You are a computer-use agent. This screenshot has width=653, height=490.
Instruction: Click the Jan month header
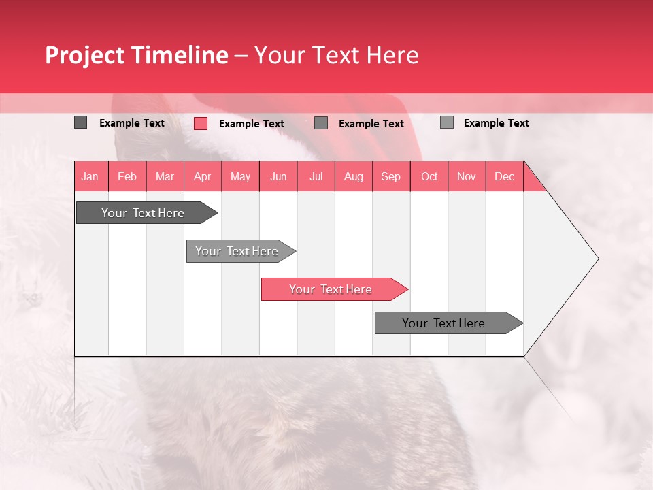[x=90, y=176]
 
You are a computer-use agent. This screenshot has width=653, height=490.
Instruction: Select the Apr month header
[x=203, y=176]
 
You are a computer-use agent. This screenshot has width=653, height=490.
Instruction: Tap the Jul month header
[x=316, y=176]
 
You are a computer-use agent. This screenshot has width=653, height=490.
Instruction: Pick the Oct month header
[x=429, y=176]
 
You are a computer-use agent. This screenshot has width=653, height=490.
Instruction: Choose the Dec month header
[x=504, y=176]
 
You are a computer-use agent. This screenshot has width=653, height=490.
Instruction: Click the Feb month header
[x=127, y=176]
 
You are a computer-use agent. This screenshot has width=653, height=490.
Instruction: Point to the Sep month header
[x=391, y=176]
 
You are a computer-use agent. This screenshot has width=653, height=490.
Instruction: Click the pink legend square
[x=200, y=123]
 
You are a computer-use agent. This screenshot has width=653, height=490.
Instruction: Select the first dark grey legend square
[x=80, y=122]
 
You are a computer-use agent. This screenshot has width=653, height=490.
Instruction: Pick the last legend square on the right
[x=446, y=122]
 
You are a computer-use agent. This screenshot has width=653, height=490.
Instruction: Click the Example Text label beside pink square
[x=251, y=124]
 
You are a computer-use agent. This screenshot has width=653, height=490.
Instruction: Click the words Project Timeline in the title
[x=136, y=55]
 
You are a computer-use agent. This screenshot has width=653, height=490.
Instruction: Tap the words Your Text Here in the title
[x=336, y=55]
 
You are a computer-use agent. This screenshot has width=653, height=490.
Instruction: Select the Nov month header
[x=467, y=176]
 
